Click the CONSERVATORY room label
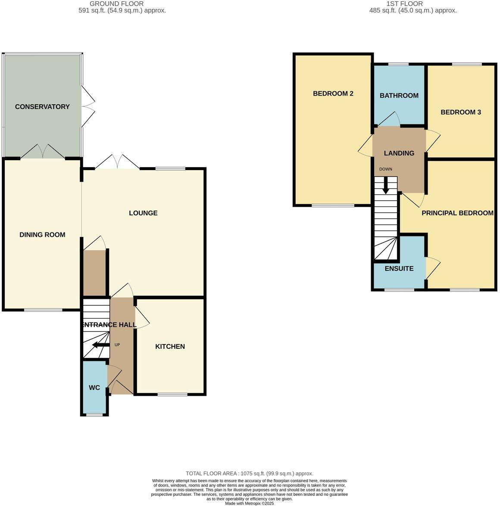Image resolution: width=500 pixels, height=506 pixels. (42, 107)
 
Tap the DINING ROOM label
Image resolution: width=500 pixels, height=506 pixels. (42, 235)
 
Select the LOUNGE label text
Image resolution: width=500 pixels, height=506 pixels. (143, 213)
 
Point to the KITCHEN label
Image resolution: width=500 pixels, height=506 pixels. (170, 347)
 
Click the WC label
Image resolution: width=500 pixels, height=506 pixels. (94, 388)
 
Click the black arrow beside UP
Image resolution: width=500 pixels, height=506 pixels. (100, 345)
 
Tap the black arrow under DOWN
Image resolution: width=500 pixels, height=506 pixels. (386, 186)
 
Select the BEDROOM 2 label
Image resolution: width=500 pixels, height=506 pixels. (333, 93)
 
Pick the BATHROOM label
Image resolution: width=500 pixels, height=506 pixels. (399, 96)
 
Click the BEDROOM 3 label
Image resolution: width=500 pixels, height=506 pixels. (461, 112)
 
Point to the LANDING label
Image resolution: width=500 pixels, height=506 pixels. (399, 153)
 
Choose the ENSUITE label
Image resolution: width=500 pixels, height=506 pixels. (399, 269)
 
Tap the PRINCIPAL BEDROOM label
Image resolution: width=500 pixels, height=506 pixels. (457, 213)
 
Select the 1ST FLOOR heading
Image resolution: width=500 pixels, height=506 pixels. (399, 3)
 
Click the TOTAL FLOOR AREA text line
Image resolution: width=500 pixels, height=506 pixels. (250, 473)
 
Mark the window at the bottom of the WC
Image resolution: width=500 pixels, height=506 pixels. (94, 415)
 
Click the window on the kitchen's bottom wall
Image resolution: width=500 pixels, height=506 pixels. (172, 394)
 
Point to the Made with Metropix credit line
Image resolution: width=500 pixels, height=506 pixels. (250, 503)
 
